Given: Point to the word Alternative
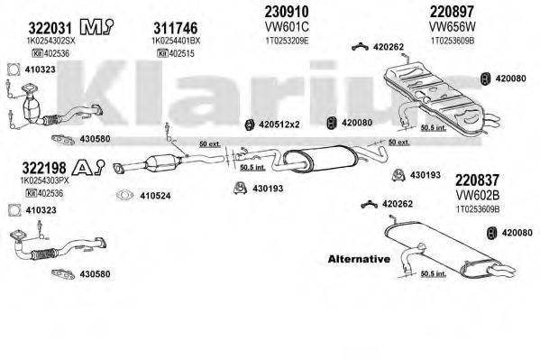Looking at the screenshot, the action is pos(360,259).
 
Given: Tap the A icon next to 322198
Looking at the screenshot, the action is pos(80,167).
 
